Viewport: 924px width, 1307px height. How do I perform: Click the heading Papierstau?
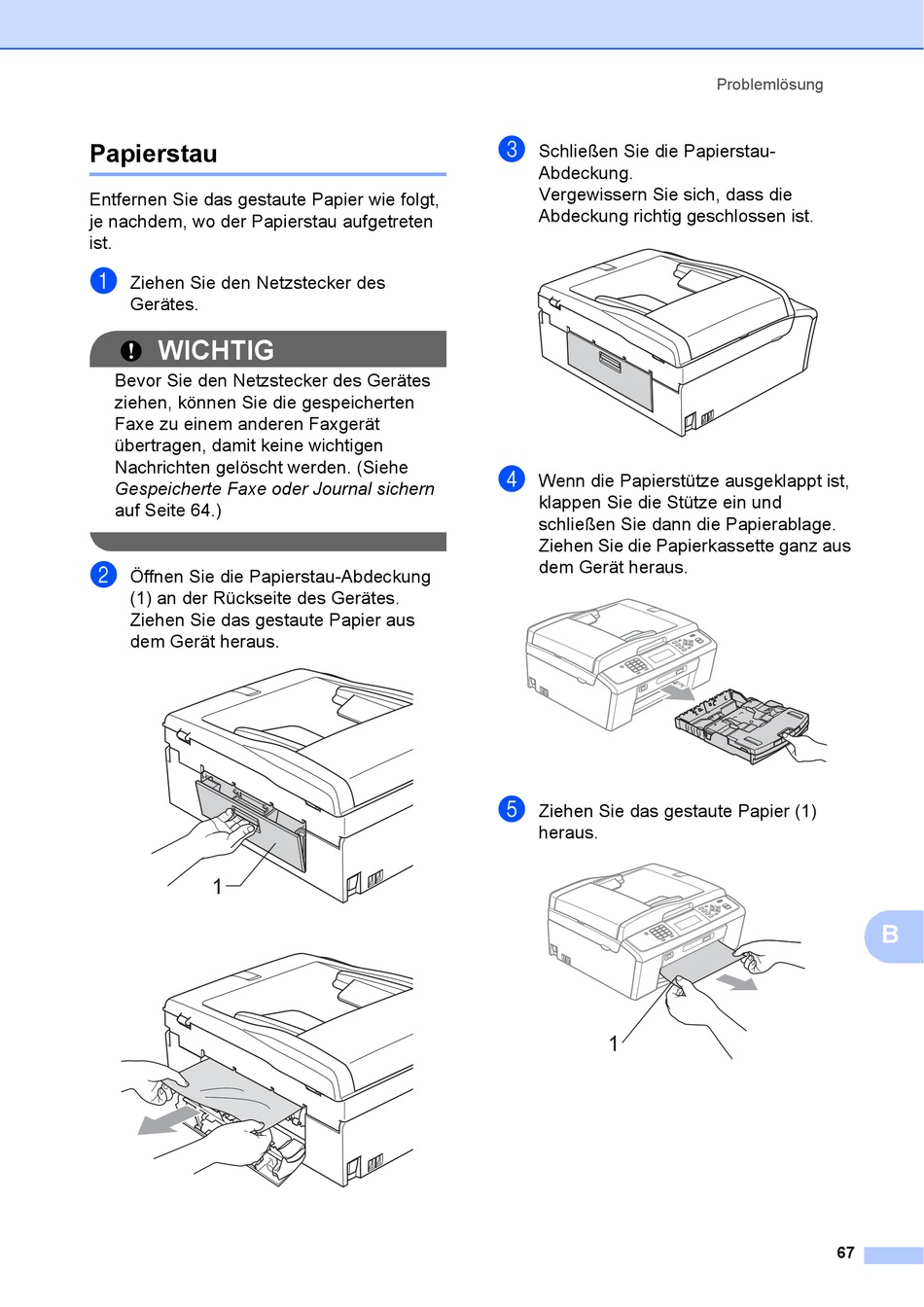[154, 154]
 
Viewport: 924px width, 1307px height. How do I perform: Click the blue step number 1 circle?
[103, 281]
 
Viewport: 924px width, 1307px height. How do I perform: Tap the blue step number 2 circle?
[103, 575]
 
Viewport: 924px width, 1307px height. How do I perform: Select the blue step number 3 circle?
[512, 149]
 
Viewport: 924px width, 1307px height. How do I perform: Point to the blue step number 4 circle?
[512, 478]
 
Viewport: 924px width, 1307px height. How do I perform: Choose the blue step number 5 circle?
[512, 809]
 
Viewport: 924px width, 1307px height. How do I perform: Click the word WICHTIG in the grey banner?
[216, 350]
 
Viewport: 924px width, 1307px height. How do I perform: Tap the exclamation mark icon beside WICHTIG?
[131, 351]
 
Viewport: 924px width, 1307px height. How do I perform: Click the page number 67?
[845, 1254]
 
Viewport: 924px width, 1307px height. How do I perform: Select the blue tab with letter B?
[891, 936]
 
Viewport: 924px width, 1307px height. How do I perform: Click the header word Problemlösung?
[769, 85]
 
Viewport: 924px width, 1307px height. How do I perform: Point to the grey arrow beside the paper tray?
[678, 691]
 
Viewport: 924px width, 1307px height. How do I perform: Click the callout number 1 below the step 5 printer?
[614, 1043]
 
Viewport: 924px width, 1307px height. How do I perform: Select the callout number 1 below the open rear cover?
[218, 886]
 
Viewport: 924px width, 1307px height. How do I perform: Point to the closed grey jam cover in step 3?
[610, 366]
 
